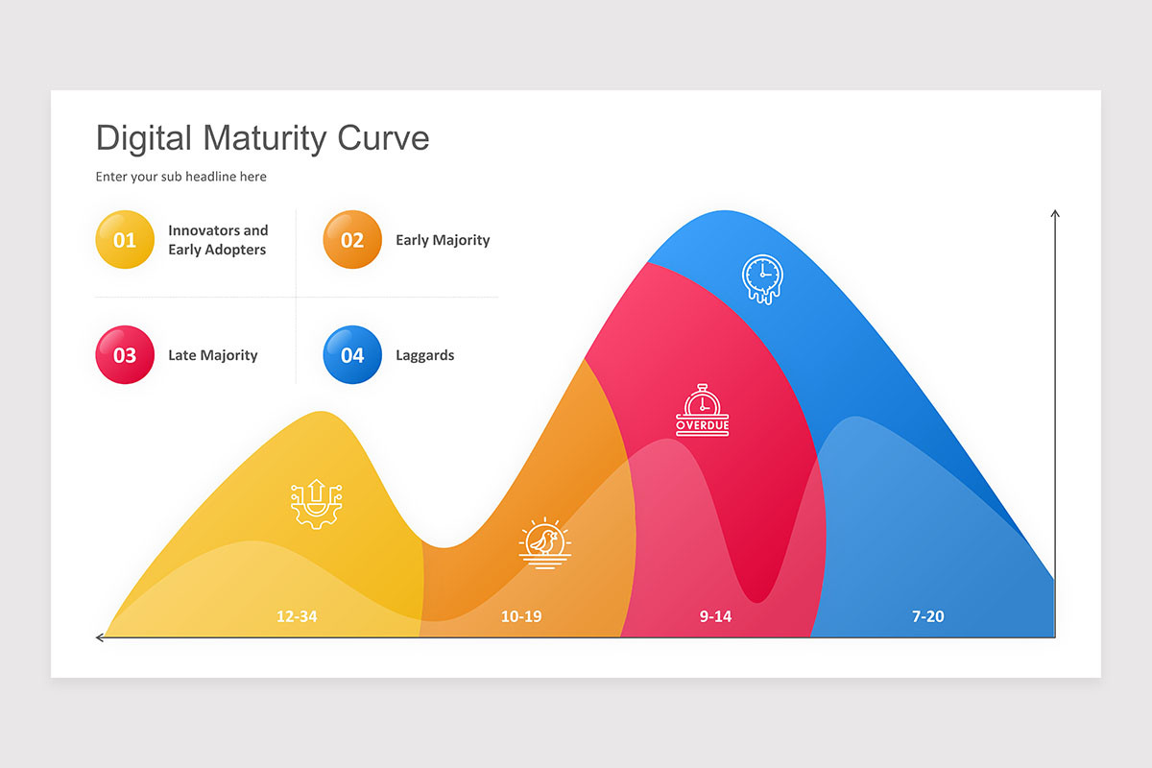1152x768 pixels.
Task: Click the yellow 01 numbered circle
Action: [125, 240]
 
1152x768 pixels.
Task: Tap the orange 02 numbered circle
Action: [352, 240]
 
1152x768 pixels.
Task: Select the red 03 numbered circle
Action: [125, 355]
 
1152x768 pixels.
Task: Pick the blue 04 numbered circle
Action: [352, 355]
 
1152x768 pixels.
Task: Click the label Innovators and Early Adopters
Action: [218, 240]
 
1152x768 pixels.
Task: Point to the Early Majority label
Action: [443, 240]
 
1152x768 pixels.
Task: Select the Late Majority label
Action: [213, 355]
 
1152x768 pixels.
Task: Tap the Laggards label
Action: [425, 355]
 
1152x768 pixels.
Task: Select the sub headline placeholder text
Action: [181, 177]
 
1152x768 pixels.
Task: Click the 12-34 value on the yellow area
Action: [297, 616]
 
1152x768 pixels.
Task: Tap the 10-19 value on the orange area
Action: [521, 616]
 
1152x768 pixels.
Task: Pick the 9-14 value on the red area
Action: [715, 616]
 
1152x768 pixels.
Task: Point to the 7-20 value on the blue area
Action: [928, 616]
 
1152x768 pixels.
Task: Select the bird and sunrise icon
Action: [544, 544]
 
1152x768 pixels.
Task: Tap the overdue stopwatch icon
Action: [702, 410]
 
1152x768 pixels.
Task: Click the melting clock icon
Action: [762, 278]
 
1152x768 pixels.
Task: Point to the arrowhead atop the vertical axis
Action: [1055, 214]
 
